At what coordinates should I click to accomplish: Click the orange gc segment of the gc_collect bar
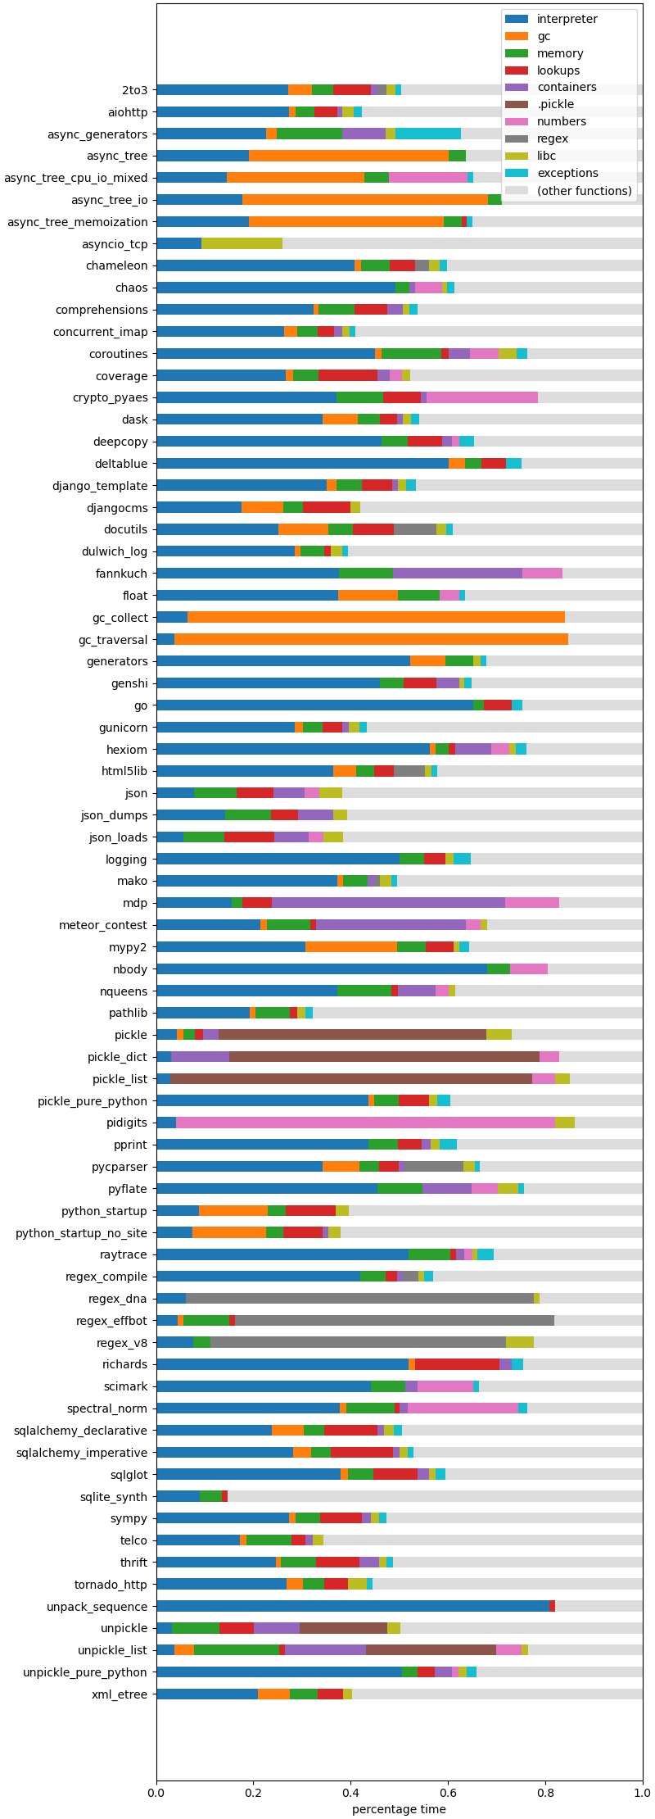377,617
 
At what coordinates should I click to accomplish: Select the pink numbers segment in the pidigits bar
365,1123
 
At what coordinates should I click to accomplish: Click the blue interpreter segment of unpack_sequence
352,1606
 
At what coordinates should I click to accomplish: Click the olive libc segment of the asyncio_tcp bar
242,243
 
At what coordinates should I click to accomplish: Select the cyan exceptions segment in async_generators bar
428,134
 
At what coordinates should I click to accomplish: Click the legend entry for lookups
559,70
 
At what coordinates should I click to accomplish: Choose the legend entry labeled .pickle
555,104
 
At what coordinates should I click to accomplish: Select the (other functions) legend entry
584,191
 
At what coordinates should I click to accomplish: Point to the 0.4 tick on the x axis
350,1793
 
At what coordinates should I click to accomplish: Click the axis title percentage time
399,1809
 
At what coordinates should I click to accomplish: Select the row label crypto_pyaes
111,397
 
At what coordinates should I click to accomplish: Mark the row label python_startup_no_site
82,1232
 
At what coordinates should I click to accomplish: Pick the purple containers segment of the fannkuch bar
457,574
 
